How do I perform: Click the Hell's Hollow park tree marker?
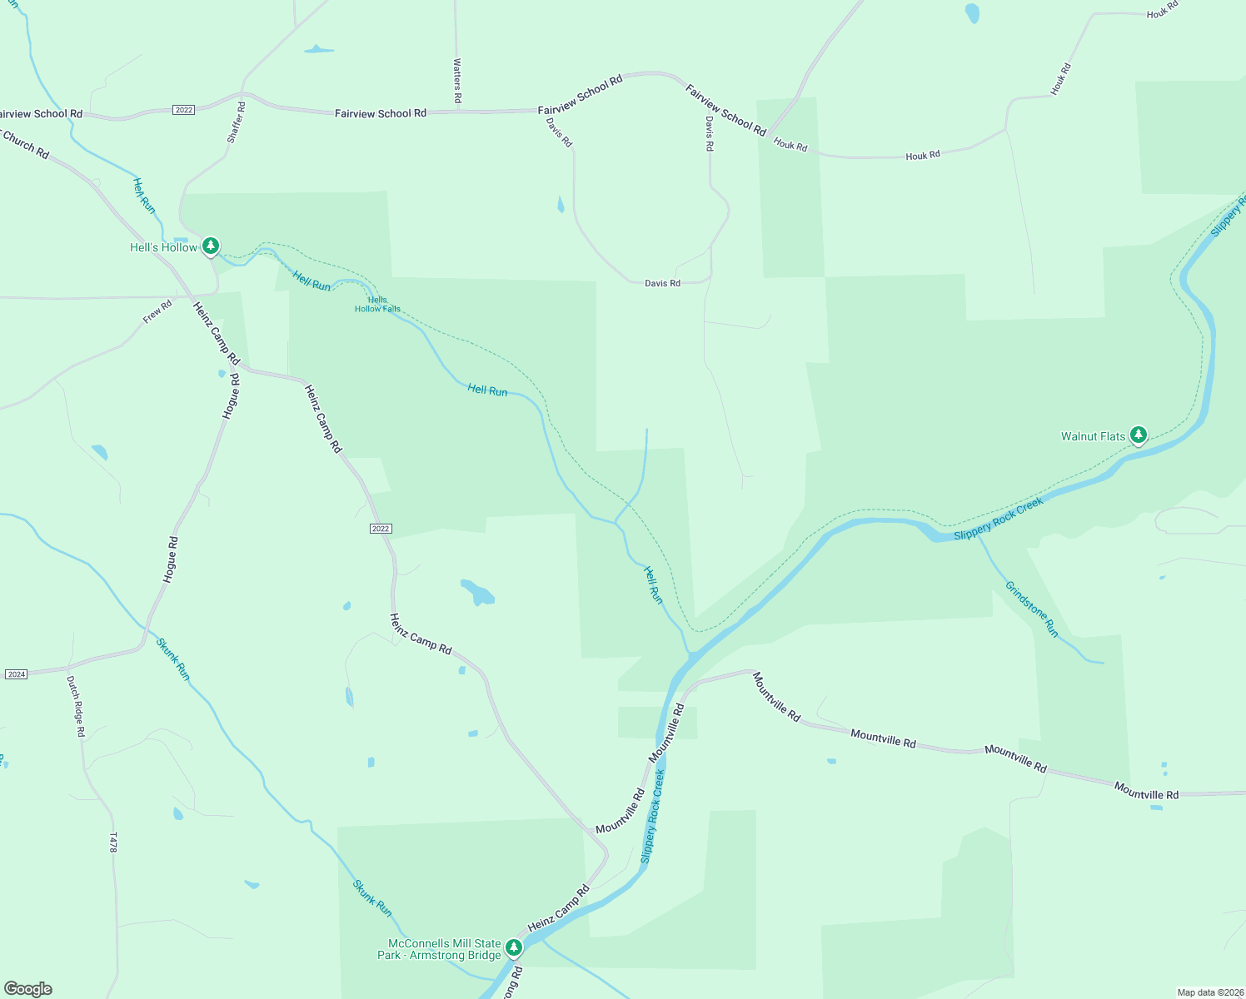(212, 246)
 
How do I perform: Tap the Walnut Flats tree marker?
(1139, 435)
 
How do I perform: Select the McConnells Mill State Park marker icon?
(514, 947)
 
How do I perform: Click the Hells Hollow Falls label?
(377, 305)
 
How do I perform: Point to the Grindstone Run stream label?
(1031, 609)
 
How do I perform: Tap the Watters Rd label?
(457, 81)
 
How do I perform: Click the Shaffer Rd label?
(237, 122)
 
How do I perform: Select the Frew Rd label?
(157, 311)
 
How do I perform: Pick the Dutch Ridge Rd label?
(76, 706)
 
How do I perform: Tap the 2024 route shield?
(17, 673)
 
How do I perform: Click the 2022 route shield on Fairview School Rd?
(184, 110)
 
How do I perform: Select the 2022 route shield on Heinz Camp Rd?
(381, 529)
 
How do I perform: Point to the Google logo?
(28, 989)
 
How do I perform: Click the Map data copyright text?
(1210, 992)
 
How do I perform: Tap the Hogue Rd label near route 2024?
(170, 559)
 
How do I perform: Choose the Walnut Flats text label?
(1093, 436)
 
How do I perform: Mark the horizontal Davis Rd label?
(662, 283)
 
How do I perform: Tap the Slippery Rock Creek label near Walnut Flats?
(998, 519)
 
